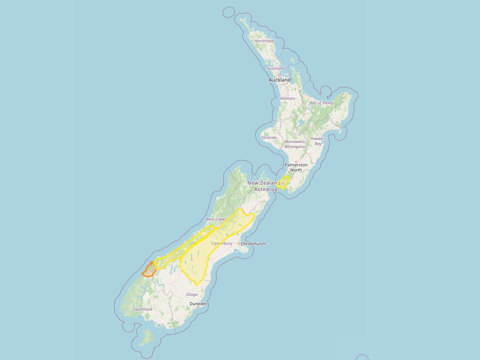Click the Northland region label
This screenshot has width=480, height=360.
(x=264, y=41)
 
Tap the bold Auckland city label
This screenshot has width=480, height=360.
(x=280, y=80)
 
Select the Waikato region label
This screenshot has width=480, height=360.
(x=288, y=98)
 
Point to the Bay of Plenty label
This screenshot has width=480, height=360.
(x=322, y=103)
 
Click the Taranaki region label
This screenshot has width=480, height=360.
(x=269, y=138)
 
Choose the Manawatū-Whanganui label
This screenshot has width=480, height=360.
(x=295, y=144)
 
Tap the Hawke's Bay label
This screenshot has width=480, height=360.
(x=318, y=141)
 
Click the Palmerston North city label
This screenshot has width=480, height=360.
(x=296, y=167)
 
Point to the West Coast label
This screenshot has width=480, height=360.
(x=216, y=219)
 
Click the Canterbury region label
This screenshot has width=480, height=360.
(x=222, y=244)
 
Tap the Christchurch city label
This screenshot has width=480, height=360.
(x=253, y=244)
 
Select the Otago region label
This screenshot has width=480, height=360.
(x=191, y=294)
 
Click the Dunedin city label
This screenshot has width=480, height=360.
(x=198, y=304)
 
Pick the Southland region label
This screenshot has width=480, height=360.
(x=143, y=309)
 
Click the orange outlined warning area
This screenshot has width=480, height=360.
(x=149, y=270)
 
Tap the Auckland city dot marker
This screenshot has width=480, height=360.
(x=280, y=75)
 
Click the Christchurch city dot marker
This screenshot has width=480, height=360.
(x=239, y=244)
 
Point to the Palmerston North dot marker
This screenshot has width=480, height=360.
(x=296, y=161)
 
